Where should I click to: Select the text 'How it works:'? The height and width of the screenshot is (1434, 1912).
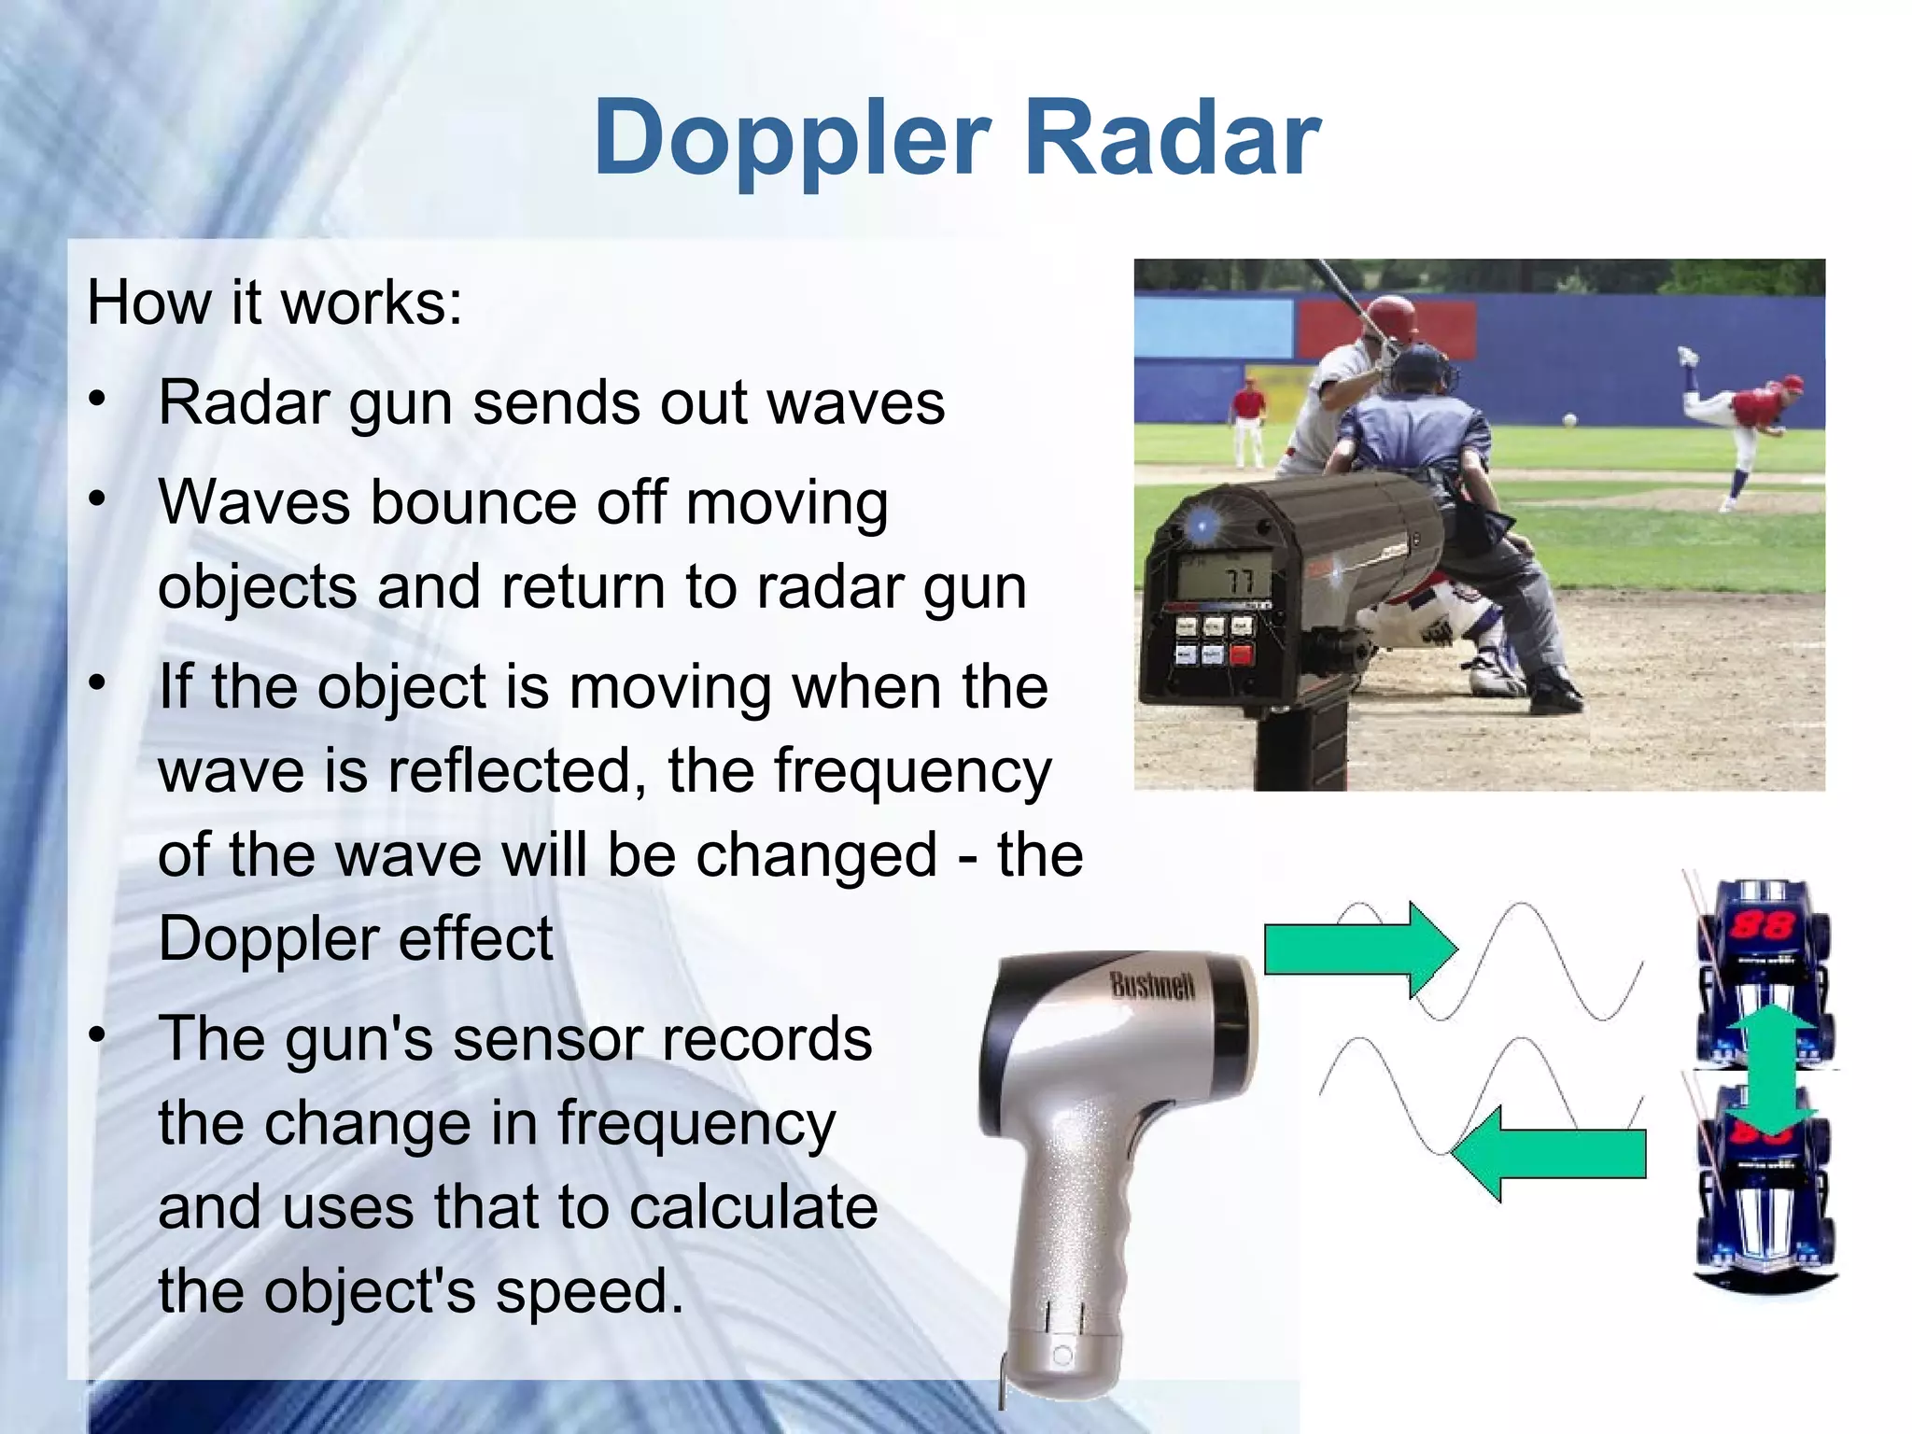point(274,303)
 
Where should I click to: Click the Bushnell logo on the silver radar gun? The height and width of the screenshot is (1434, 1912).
point(1152,985)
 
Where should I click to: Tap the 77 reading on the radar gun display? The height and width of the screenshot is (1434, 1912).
point(1239,581)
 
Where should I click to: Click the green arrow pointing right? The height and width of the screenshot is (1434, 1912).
point(1359,949)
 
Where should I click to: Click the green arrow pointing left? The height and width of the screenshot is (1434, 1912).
point(1550,1154)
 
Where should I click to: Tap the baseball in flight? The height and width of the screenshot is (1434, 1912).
point(1569,420)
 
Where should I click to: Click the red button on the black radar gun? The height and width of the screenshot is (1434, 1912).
point(1241,654)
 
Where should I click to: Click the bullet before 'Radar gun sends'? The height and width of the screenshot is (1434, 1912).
point(98,400)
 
